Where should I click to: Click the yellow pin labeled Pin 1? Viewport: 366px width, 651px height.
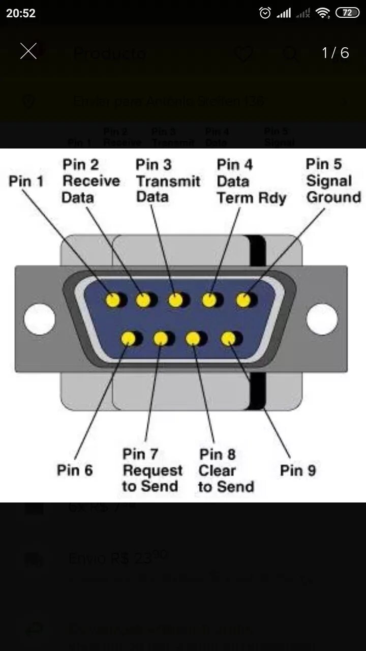pos(113,300)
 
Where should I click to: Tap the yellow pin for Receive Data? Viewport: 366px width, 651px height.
pos(144,300)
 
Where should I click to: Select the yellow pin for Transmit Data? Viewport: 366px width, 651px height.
pos(175,300)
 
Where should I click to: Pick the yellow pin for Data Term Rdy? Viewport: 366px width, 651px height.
pos(209,300)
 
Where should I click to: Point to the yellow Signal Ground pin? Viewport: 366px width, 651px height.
pos(243,300)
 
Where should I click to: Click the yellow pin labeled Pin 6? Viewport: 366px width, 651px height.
pos(128,338)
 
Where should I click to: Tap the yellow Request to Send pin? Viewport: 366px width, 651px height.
pos(161,338)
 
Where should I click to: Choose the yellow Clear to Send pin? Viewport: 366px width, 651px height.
pos(193,338)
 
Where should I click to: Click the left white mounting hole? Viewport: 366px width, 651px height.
pos(39,319)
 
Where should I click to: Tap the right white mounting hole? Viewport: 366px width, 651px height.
pos(322,319)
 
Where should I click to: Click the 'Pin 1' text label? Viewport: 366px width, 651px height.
pos(26,181)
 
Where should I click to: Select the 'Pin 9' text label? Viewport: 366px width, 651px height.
pos(298,470)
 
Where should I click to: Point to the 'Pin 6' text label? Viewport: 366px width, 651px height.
pos(75,470)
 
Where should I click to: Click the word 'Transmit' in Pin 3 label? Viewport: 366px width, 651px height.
pos(168,181)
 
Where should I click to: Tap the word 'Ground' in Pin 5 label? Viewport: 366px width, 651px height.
pos(333,197)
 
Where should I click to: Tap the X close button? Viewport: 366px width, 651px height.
pos(28,51)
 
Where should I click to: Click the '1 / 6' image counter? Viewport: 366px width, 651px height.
pos(335,52)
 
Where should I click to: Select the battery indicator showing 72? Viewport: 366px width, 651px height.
pos(347,13)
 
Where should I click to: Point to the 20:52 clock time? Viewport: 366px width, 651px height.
pos(21,13)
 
